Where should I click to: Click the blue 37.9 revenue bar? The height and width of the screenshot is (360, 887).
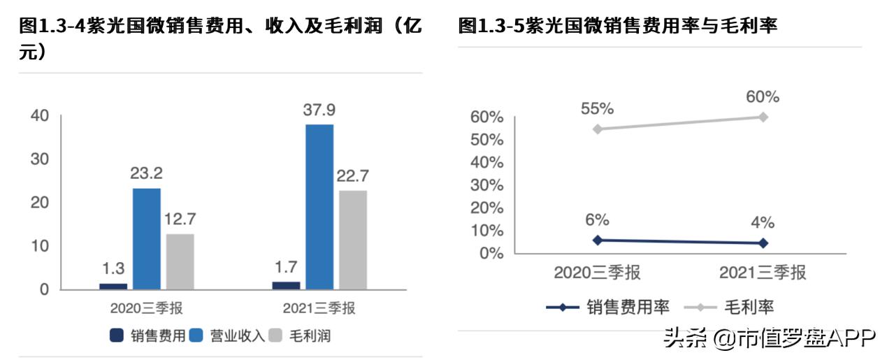[x=319, y=207]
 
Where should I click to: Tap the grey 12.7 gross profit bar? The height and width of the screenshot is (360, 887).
[x=180, y=261]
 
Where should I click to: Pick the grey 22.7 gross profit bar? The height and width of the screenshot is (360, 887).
[x=352, y=240]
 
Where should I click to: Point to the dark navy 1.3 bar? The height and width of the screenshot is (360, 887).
[x=113, y=286]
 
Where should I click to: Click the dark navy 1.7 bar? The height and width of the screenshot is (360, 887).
[x=286, y=285]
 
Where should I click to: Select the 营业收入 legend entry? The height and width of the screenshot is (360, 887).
[x=228, y=336]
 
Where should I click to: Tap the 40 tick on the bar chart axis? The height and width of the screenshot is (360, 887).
[x=39, y=116]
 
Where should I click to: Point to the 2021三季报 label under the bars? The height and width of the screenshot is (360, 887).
[x=319, y=308]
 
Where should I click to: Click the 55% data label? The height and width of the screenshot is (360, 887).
[x=597, y=108]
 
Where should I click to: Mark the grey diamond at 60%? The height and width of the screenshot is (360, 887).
[x=763, y=117]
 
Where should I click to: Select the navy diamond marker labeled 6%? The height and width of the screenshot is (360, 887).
[x=596, y=240]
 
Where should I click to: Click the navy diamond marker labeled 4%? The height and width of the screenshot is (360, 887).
[x=763, y=243]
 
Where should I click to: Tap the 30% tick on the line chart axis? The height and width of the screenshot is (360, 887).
[x=487, y=185]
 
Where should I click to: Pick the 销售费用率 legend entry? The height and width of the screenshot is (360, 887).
[x=608, y=306]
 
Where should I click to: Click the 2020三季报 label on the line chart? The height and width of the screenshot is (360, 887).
[x=597, y=273]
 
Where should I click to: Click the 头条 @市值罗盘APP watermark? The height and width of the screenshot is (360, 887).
[x=769, y=338]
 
